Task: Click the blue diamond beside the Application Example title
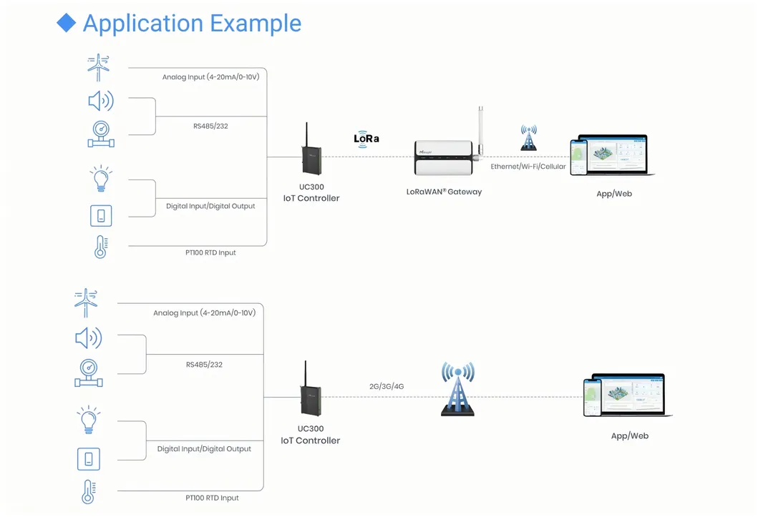click(67, 23)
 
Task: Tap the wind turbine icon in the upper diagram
click(99, 67)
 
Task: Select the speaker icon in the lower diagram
click(88, 338)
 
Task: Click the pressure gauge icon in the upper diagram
click(100, 134)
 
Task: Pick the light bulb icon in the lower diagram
click(88, 420)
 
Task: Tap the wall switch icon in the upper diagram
click(101, 215)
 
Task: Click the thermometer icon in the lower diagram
click(88, 493)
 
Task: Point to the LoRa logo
click(366, 139)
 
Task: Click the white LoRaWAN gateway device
click(444, 157)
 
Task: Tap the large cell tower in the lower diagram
click(457, 389)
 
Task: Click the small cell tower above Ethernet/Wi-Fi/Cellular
click(528, 137)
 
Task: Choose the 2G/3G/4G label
click(387, 386)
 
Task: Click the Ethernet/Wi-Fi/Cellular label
click(528, 167)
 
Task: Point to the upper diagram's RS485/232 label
click(210, 126)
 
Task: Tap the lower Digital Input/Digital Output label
click(204, 449)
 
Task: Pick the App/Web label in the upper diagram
click(614, 194)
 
